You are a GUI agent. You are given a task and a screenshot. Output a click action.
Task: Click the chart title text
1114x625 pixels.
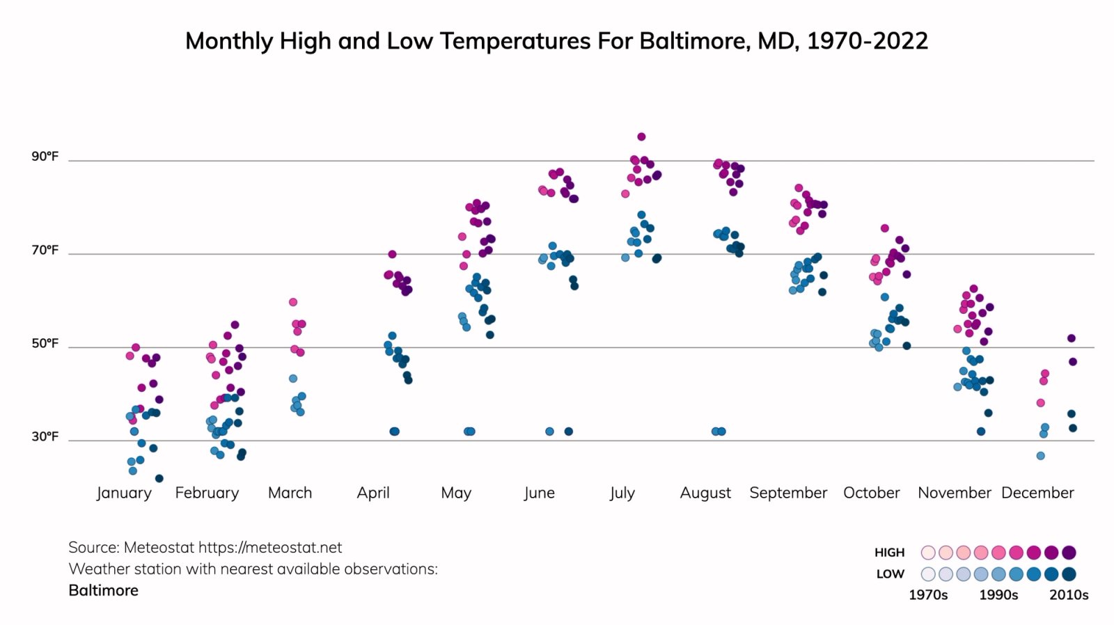[x=556, y=41]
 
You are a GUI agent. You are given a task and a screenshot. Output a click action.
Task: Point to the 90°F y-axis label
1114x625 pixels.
[x=45, y=157]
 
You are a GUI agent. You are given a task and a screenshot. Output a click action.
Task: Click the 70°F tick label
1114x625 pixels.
[x=45, y=250]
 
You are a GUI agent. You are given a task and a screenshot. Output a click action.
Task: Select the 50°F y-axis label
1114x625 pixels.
[x=45, y=344]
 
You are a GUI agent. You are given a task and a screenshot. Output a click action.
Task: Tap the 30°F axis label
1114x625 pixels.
[x=45, y=437]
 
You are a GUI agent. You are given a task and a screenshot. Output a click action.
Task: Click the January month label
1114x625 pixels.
[x=124, y=493]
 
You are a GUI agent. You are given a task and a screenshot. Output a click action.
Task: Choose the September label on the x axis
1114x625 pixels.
[x=788, y=493]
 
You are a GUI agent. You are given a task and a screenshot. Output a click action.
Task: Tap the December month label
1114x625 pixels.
[x=1037, y=493]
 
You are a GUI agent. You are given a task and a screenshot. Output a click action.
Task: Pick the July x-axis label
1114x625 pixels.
[x=622, y=493]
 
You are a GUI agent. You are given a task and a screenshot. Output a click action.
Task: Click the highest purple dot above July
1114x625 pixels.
[x=641, y=137]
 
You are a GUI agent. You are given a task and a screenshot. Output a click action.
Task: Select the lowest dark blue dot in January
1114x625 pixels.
[x=159, y=478]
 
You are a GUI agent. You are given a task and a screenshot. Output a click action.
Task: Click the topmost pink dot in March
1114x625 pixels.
[x=293, y=302]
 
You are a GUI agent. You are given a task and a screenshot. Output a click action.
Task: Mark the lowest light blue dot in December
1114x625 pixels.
[x=1040, y=456]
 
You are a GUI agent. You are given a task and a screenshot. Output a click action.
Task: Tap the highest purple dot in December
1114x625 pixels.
[x=1072, y=338]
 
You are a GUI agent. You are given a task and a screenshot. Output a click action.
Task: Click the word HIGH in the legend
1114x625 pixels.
[x=889, y=553]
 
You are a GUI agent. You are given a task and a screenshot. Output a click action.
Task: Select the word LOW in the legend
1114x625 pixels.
[x=890, y=574]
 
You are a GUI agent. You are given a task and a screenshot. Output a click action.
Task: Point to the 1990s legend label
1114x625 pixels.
[x=998, y=595]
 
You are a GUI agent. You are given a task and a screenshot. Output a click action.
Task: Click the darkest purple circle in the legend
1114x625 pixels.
[x=1069, y=553]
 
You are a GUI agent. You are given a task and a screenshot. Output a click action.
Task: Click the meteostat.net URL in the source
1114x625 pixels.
[x=270, y=548]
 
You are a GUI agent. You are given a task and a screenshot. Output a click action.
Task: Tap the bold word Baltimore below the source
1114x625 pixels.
[x=104, y=590]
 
